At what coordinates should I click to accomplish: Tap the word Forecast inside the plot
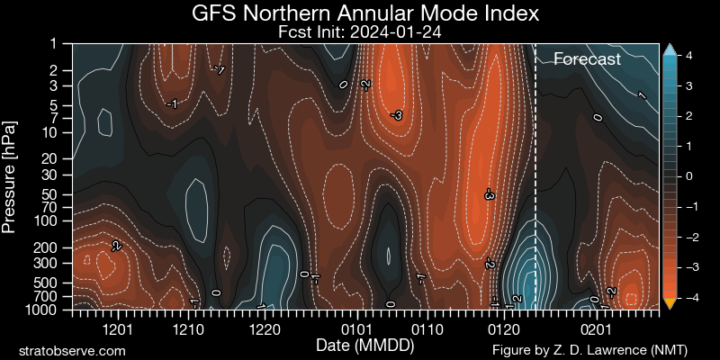[587, 59]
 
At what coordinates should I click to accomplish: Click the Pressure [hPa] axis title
[10, 176]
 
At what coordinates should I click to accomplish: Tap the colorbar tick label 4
[688, 56]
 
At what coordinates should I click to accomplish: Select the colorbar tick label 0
[688, 176]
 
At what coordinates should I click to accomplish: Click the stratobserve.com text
[72, 348]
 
